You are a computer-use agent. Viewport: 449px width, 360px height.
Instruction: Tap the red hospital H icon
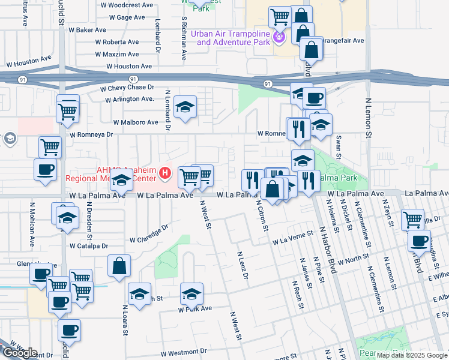coord(166,175)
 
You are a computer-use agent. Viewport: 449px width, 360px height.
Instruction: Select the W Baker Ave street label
coord(86,29)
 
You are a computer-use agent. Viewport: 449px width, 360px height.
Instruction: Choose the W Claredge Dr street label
coord(148,233)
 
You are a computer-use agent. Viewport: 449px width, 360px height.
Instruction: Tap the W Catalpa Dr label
coord(88,246)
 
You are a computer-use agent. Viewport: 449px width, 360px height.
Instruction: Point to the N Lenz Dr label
coord(243,266)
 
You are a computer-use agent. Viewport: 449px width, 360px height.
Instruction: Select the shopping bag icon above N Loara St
coord(119,266)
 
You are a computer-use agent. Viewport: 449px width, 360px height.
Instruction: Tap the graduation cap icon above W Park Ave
coord(191,293)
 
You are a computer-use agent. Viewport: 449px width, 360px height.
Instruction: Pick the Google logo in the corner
coord(19,353)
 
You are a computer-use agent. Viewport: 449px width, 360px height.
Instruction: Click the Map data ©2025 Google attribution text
coord(411,355)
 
